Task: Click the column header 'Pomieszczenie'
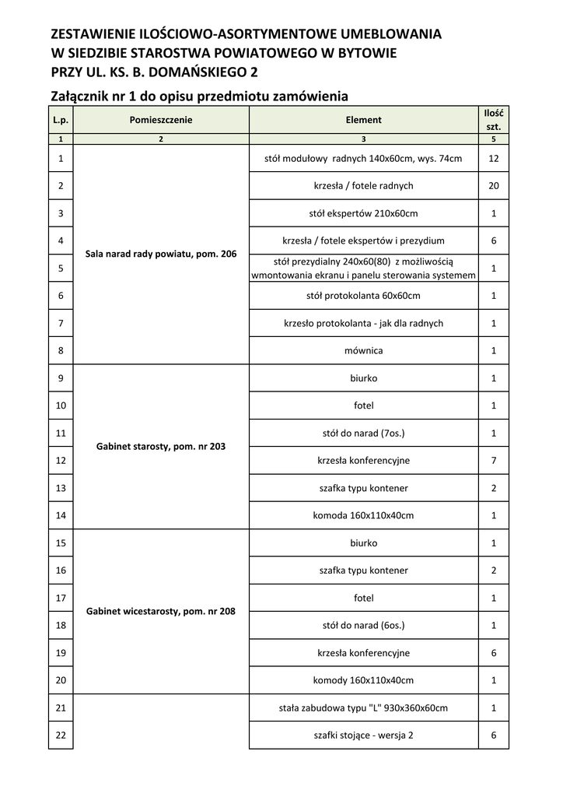[161, 120]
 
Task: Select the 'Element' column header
[363, 120]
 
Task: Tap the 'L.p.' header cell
[61, 120]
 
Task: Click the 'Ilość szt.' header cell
[494, 120]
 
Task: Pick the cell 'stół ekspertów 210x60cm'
[363, 213]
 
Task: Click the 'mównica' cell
[363, 350]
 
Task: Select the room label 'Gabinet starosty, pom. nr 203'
[161, 447]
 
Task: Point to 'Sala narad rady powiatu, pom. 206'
[161, 254]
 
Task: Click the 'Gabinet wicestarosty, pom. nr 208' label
[161, 612]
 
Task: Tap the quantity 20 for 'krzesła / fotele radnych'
[494, 186]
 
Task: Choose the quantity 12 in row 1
[494, 158]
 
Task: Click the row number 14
[61, 515]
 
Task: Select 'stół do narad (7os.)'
[363, 433]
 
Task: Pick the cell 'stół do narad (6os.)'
[363, 625]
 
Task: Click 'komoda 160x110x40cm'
[363, 515]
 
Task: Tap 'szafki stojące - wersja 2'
[363, 735]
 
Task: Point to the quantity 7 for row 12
[494, 460]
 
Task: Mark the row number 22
[61, 735]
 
